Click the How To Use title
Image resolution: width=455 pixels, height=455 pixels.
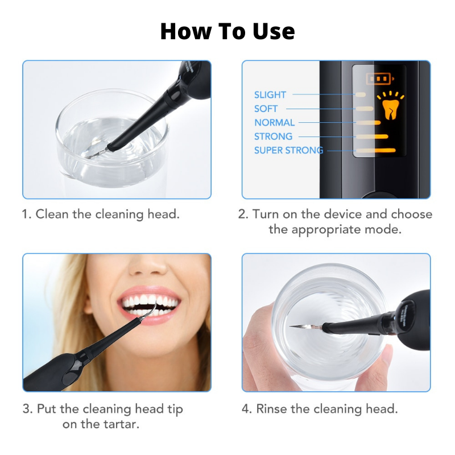click(227, 31)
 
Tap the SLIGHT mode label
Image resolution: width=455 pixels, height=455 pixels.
click(270, 95)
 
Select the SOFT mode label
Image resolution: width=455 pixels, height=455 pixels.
click(266, 109)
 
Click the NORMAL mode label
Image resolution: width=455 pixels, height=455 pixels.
click(275, 122)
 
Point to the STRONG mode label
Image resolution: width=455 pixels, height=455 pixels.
click(274, 136)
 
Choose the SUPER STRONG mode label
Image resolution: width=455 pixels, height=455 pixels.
click(288, 150)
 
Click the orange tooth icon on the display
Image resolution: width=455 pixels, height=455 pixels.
click(390, 106)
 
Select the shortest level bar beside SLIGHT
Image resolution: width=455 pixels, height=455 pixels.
click(361, 95)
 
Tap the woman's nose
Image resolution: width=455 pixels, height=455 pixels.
click(149, 264)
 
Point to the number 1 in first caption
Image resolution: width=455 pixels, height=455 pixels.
click(26, 214)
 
